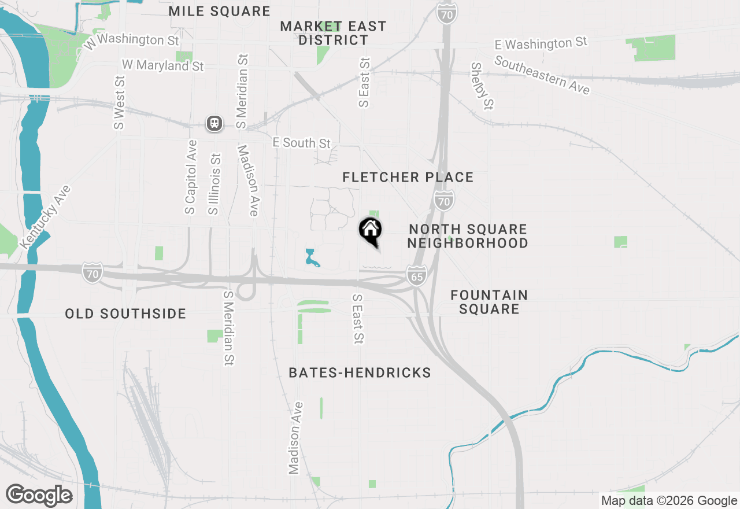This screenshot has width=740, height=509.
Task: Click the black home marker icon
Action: (370, 230)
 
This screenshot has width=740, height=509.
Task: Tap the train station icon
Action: (214, 123)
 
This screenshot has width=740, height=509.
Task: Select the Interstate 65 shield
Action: (416, 275)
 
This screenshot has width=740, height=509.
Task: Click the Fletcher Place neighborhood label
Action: (408, 177)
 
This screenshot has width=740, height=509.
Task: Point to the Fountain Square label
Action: (489, 302)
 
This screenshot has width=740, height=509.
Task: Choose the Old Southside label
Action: (125, 314)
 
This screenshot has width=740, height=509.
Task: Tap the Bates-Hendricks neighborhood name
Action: (360, 372)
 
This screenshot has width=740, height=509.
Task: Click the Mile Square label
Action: (220, 12)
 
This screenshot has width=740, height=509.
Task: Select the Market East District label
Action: (333, 33)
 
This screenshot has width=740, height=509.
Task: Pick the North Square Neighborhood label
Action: (468, 236)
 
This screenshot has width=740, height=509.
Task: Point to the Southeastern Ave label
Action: (542, 75)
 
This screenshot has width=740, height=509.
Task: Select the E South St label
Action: (301, 143)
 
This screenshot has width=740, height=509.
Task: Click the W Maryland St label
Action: (162, 65)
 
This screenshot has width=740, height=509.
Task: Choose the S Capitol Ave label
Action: (190, 176)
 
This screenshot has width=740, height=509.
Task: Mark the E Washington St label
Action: (541, 43)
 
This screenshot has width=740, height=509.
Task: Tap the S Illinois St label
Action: (214, 184)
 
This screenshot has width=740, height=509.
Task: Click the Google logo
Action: (39, 495)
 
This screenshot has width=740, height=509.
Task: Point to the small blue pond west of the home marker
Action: (312, 258)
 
